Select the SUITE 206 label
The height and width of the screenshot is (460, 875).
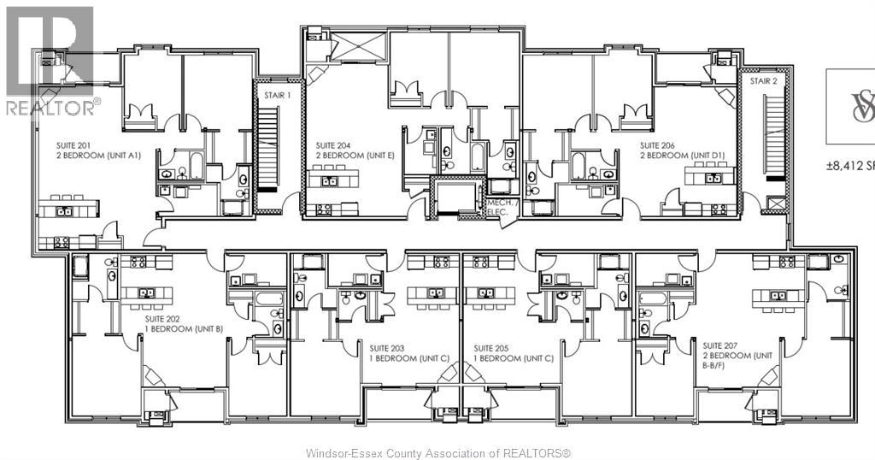[659, 145]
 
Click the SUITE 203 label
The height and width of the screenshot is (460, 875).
[388, 348]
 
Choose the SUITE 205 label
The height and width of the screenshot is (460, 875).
[491, 348]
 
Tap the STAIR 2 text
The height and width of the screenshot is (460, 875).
[763, 81]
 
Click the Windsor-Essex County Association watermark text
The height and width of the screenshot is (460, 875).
[437, 452]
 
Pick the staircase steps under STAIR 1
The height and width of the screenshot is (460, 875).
[268, 154]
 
